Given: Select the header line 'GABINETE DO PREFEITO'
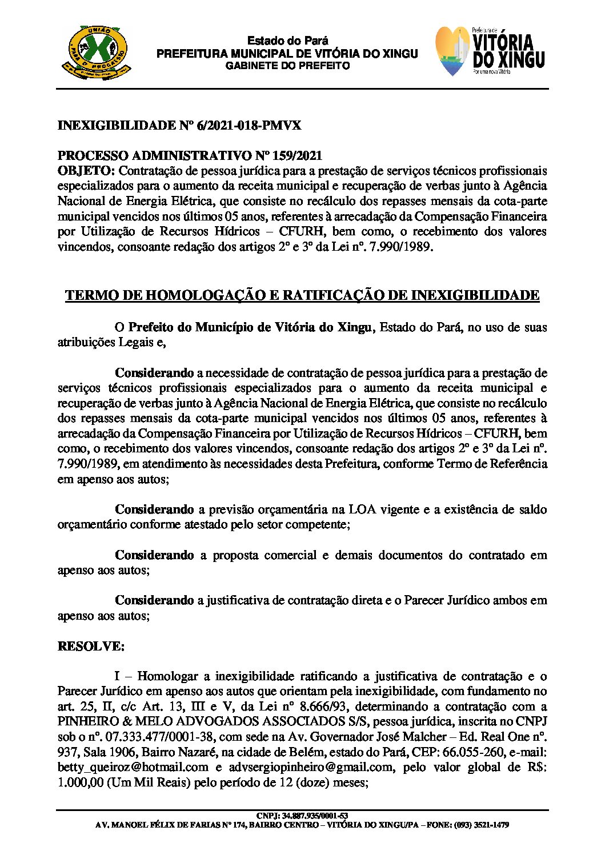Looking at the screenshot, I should tap(287, 66).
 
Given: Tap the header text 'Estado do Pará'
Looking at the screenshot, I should tap(287, 41).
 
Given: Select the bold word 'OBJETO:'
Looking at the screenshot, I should tap(86, 171).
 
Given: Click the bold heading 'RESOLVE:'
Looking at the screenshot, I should tap(91, 646).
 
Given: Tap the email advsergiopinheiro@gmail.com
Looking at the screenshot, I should tap(311, 767).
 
